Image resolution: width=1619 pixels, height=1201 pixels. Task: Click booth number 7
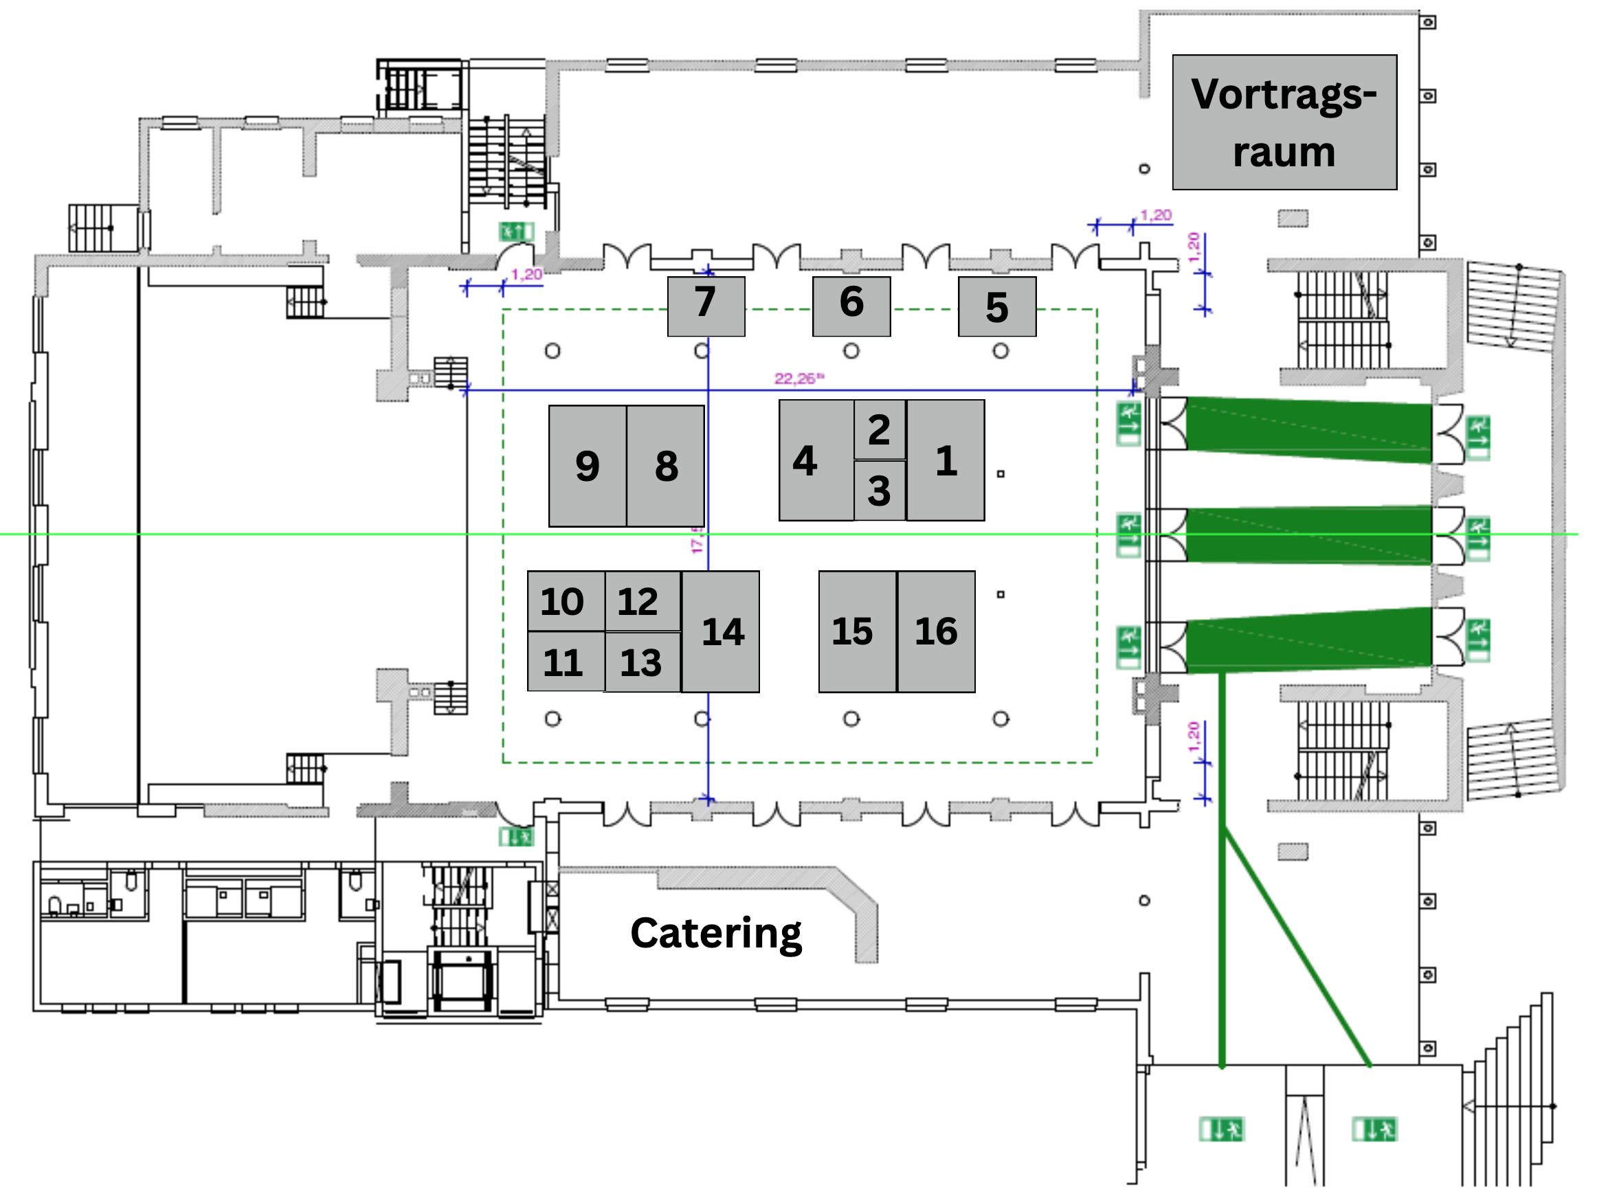click(705, 306)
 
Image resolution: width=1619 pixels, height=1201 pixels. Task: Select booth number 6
click(851, 306)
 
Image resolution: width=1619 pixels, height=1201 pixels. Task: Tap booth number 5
click(996, 306)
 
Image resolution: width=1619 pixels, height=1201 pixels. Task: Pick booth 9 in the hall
click(587, 466)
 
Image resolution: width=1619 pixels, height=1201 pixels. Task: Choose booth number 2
click(879, 429)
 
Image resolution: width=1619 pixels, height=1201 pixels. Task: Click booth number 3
click(879, 491)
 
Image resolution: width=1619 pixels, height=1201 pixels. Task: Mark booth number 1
click(945, 460)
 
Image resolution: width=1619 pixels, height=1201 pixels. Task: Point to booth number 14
click(721, 631)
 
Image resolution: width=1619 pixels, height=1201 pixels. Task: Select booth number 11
click(565, 662)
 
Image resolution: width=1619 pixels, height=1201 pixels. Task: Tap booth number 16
click(936, 631)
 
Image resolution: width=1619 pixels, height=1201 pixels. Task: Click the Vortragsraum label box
click(1284, 122)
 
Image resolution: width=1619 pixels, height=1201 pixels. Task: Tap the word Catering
click(715, 933)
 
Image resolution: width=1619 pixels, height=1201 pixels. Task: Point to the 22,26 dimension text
click(799, 379)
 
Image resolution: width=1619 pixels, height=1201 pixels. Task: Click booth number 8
click(665, 466)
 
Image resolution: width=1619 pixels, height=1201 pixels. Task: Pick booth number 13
click(641, 662)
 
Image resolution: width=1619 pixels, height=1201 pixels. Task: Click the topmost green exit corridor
click(1308, 429)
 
